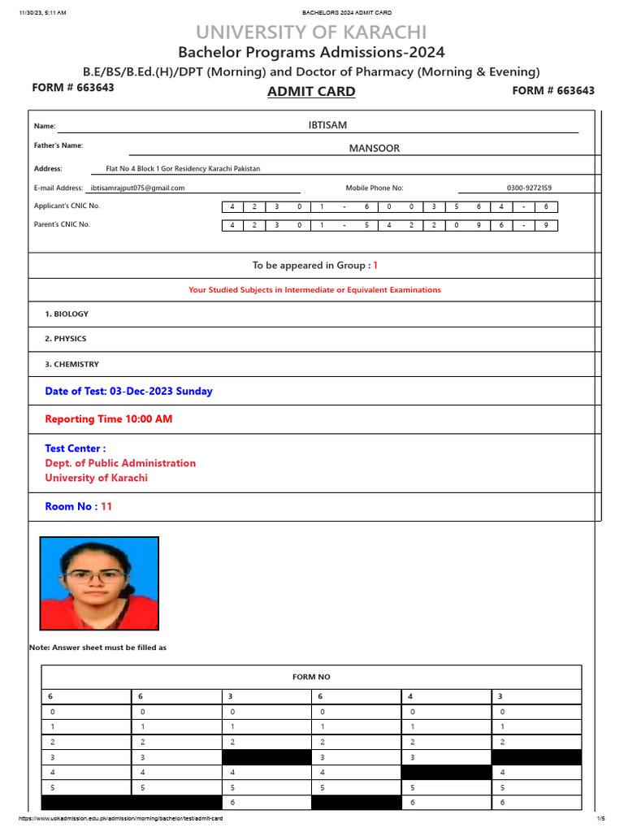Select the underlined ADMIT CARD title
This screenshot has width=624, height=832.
(311, 92)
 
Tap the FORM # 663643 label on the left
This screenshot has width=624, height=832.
(73, 88)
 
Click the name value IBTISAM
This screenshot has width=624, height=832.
(327, 124)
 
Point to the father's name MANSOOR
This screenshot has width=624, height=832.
(374, 148)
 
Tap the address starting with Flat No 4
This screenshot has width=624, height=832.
(183, 169)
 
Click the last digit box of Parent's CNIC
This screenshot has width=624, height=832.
(546, 225)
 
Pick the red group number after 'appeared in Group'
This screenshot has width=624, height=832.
(375, 266)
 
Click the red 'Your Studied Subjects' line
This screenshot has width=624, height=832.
(314, 290)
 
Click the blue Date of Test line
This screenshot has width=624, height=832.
(128, 391)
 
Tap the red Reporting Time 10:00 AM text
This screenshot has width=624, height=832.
(109, 419)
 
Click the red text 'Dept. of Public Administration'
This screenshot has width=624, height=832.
(120, 463)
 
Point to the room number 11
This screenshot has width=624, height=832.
(106, 506)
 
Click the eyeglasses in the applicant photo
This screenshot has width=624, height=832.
(96, 577)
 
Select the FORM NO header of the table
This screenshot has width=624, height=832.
(311, 677)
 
